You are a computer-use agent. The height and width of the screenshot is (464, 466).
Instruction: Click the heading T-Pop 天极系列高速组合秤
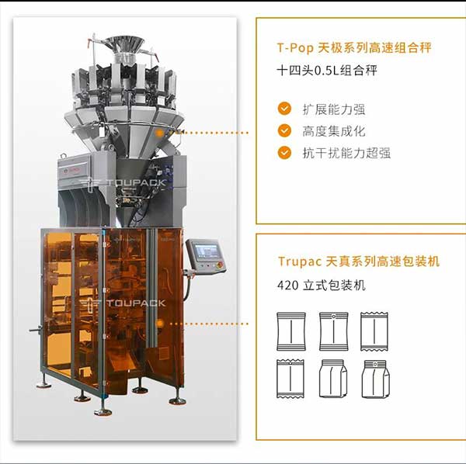point(354,48)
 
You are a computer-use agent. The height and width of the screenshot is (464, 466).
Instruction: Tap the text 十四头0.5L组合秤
point(327,71)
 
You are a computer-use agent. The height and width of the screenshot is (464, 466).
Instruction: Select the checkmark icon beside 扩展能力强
point(284,109)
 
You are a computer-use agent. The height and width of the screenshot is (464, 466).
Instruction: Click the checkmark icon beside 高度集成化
point(284,130)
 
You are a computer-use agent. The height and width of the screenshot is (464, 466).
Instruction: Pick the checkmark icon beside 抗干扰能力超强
point(284,153)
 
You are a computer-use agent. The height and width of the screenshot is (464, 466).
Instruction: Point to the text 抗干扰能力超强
point(346,153)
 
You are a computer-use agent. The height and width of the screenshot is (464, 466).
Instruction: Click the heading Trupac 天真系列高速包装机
point(359,261)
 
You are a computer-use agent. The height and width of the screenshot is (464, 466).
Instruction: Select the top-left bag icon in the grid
point(291,331)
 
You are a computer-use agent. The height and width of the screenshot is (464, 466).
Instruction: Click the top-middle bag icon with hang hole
point(333,331)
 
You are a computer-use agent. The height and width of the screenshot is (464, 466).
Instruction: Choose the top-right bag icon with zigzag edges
point(374,331)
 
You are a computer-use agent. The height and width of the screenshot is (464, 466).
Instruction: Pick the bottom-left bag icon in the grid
point(290,379)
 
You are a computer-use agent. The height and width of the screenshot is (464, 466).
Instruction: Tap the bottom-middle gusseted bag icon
point(333,379)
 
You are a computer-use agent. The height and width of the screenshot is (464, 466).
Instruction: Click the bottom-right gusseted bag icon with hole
point(375,379)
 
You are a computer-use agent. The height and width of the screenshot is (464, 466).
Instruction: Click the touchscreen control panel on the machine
point(207,256)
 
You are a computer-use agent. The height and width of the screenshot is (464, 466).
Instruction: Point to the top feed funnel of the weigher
point(125,45)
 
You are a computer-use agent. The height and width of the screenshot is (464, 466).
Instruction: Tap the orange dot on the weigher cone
point(160,133)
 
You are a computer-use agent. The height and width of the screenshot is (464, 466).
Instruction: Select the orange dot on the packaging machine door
point(160,324)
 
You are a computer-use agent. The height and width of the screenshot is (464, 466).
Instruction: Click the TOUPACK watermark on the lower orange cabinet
point(123,303)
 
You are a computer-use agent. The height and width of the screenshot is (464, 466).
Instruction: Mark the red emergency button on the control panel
point(221,265)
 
